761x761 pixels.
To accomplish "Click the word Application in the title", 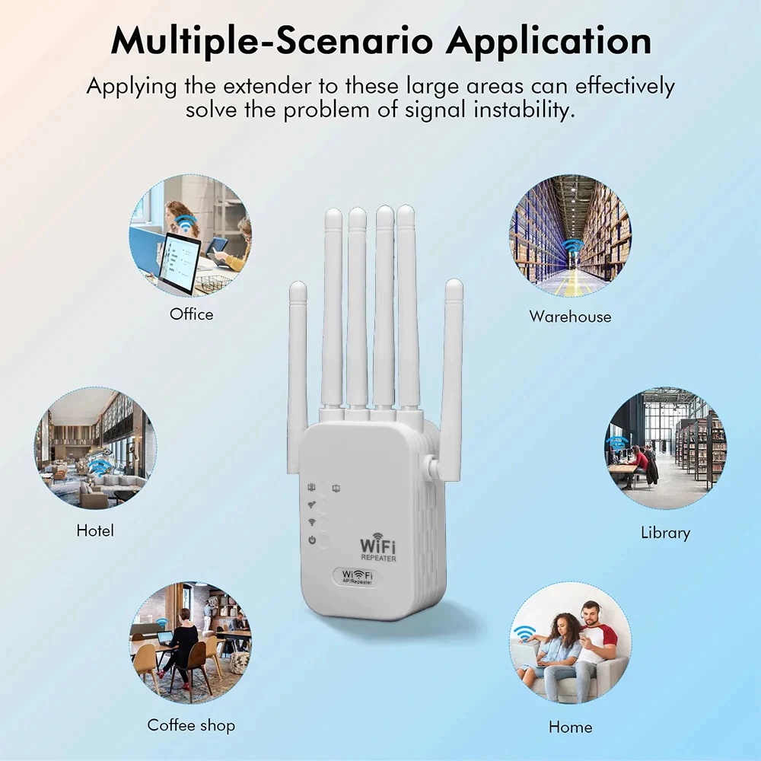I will tap(549, 41).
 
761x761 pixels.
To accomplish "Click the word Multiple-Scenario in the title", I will tap(272, 41).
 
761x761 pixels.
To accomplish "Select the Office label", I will tap(192, 314).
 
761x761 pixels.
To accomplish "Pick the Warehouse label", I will tap(570, 316).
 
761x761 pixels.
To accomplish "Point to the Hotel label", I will tap(95, 530).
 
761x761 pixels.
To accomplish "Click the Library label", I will tap(665, 533).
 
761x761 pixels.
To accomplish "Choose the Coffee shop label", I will tap(191, 724).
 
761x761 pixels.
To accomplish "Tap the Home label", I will tap(570, 727).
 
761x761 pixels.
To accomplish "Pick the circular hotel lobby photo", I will tap(95, 448).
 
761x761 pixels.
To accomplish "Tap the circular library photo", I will tap(665, 448).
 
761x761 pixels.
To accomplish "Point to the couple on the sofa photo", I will tap(570, 643).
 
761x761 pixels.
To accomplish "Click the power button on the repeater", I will tap(322, 540).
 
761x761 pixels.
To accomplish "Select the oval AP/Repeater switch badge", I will tap(358, 578).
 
